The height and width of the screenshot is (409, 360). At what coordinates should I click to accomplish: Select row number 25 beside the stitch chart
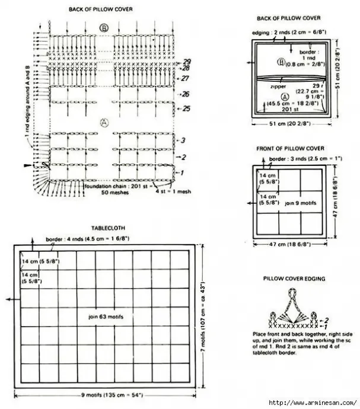click(x=186, y=108)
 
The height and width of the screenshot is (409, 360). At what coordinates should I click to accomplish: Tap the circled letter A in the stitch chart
click(x=105, y=123)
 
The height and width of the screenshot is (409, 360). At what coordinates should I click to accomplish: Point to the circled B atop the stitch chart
click(x=104, y=28)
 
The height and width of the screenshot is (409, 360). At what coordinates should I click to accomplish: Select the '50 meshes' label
click(x=113, y=193)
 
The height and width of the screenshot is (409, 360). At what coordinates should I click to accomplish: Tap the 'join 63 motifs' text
click(x=104, y=316)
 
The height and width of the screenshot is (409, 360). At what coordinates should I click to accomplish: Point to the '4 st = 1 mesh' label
click(x=167, y=191)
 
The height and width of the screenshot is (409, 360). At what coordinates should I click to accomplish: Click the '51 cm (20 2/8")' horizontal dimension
click(x=289, y=124)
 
